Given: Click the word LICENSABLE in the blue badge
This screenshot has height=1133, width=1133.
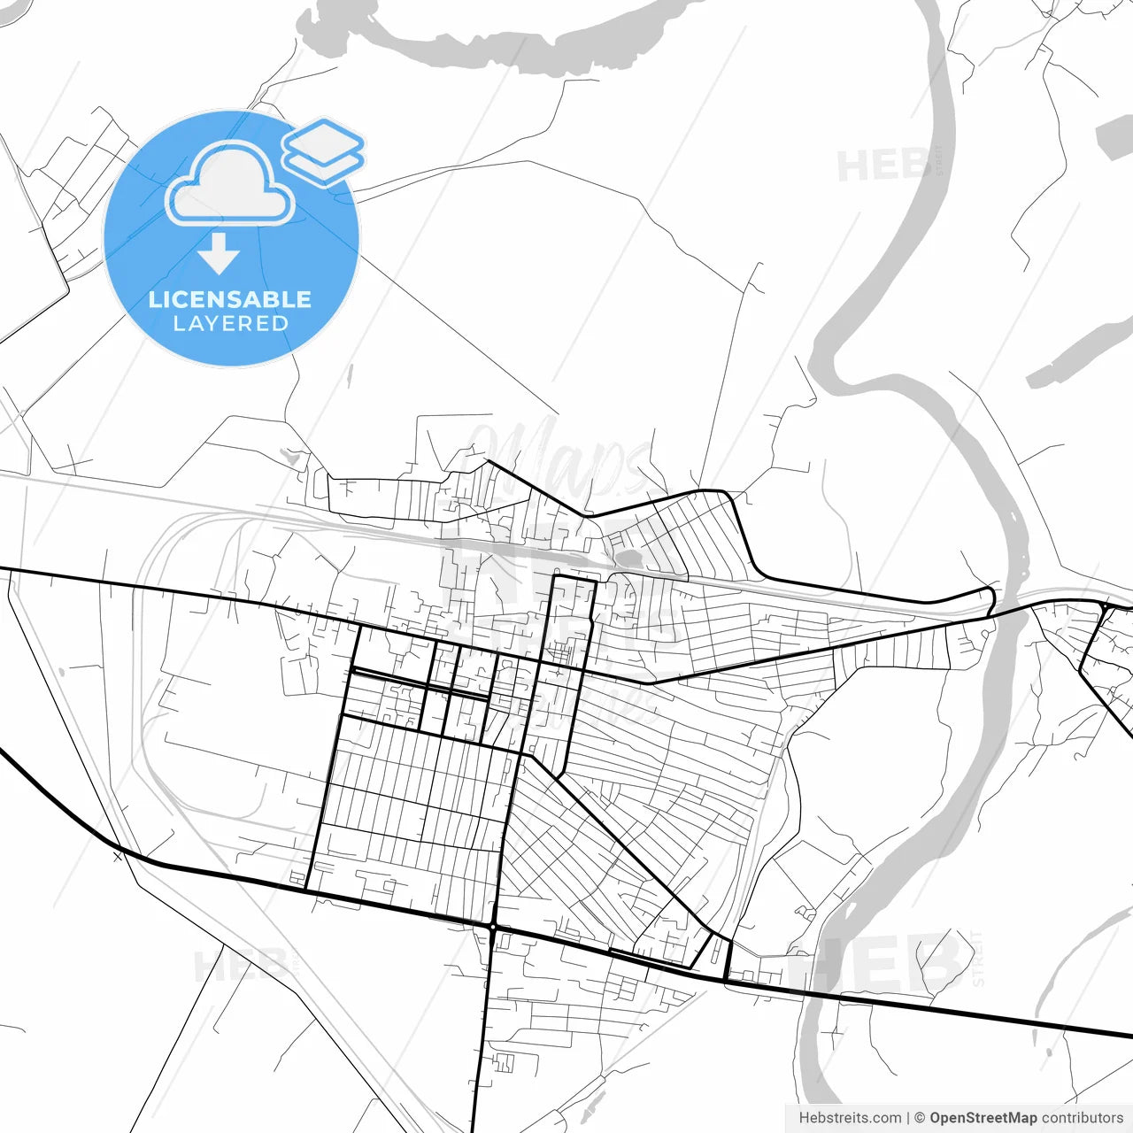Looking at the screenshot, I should point(230,299).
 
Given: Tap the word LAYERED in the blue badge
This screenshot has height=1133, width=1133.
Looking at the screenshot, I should point(231,324).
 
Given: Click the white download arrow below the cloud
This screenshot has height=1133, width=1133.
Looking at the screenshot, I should point(219,254).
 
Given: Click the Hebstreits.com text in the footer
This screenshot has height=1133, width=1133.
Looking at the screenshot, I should point(850,1118).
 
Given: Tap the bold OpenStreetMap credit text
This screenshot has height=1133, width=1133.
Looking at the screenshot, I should point(983,1118).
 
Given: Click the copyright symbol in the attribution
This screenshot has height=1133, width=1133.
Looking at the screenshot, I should point(920,1118).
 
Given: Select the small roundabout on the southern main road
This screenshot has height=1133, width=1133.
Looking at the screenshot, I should point(492,927).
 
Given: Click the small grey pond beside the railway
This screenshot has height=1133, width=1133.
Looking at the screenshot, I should point(630,559).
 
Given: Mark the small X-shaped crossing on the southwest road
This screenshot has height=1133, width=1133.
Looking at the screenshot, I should point(118,856).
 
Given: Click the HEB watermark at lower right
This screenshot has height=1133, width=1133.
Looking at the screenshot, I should point(885,965).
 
